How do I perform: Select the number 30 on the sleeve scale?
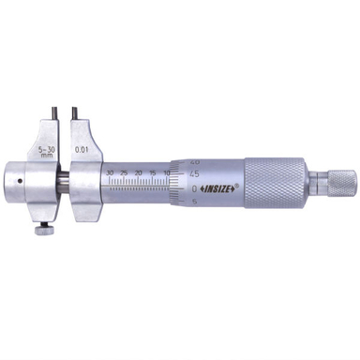112,172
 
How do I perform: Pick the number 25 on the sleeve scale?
125,172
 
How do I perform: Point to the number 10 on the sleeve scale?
167,173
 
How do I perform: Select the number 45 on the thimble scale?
193,172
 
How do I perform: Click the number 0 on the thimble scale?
194,187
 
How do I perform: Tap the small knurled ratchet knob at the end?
339,181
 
